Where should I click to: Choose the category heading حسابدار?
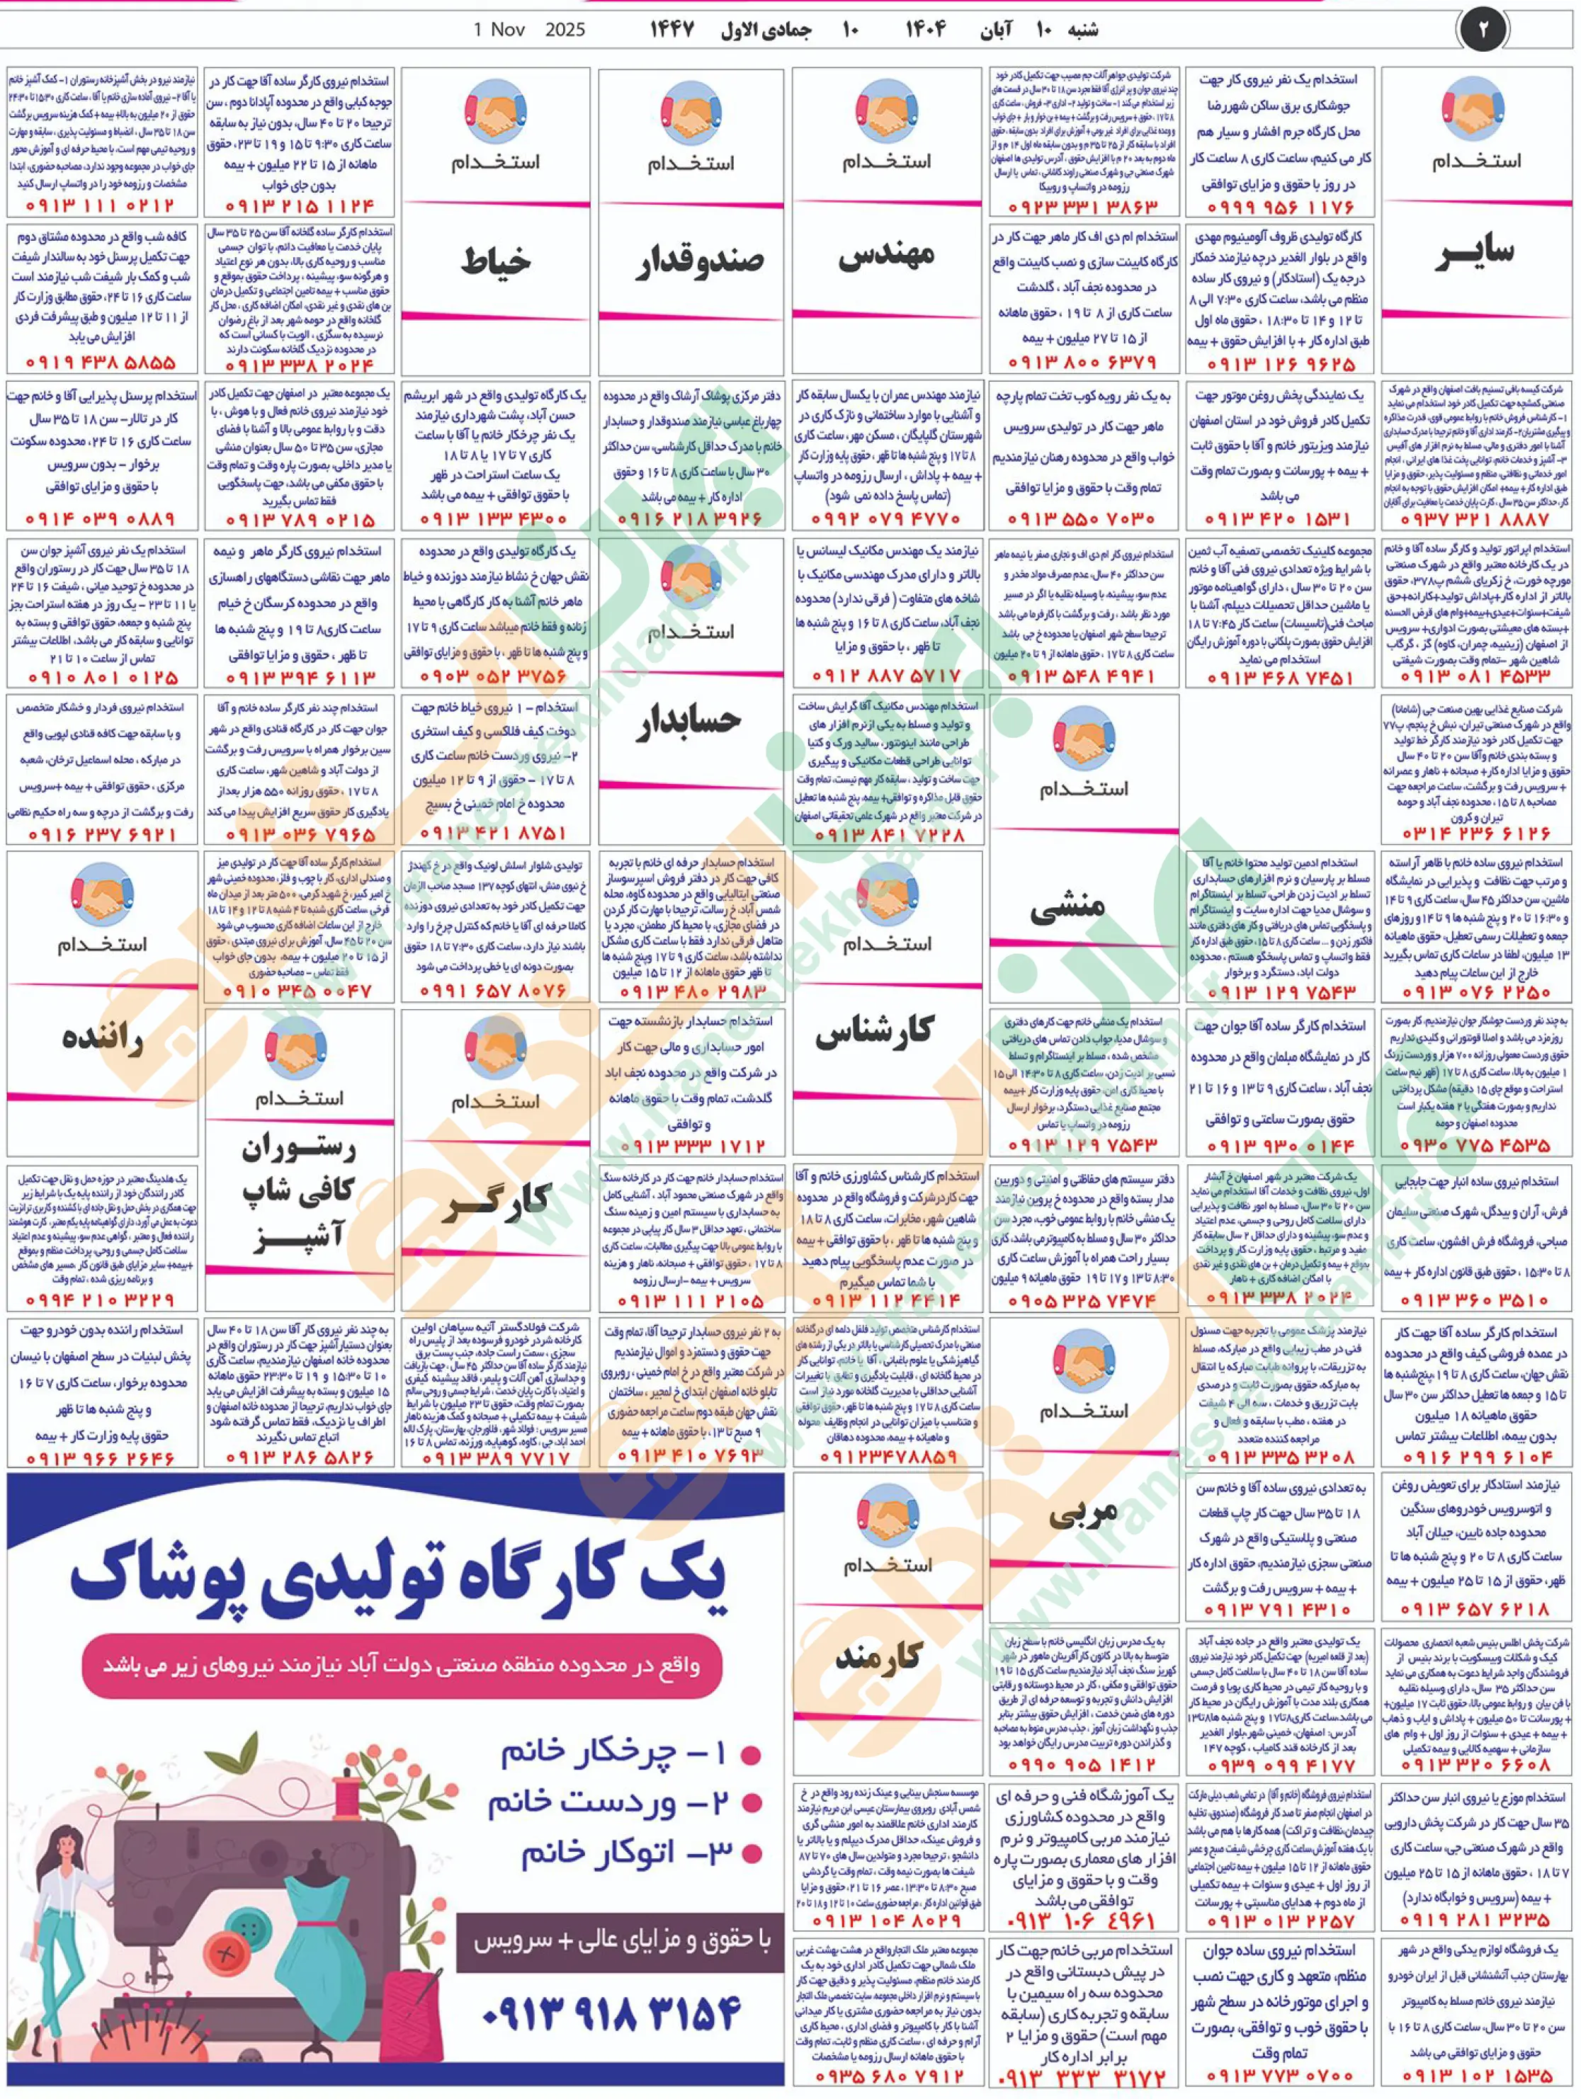(x=689, y=721)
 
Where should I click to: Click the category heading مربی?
(x=1082, y=1516)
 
